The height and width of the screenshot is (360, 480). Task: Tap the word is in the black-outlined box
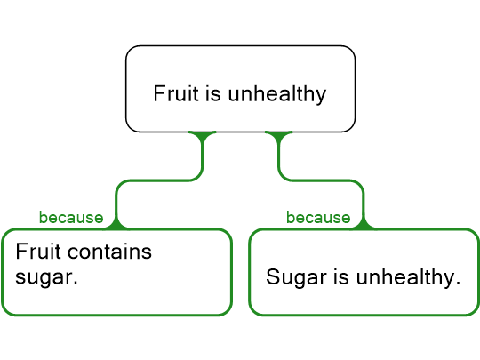point(213,93)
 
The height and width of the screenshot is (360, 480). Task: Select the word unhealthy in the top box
point(277,94)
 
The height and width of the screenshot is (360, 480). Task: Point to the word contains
point(109,252)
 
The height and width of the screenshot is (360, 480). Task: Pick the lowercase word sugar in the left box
point(46,278)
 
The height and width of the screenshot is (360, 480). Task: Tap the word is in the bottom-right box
point(341,277)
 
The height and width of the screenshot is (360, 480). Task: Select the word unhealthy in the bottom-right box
point(408,278)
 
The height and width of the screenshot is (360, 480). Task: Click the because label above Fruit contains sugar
point(71,218)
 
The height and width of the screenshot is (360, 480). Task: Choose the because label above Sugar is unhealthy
point(318,218)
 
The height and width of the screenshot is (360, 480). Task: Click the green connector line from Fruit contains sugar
point(159,180)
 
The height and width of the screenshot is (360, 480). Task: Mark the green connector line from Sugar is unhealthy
point(322,180)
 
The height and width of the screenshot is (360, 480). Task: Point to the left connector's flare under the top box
point(203,135)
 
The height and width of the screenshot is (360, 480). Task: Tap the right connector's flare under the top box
point(278,135)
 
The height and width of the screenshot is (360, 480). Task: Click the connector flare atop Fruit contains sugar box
point(116,224)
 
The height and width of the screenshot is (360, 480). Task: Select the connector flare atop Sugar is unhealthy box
point(364,224)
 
